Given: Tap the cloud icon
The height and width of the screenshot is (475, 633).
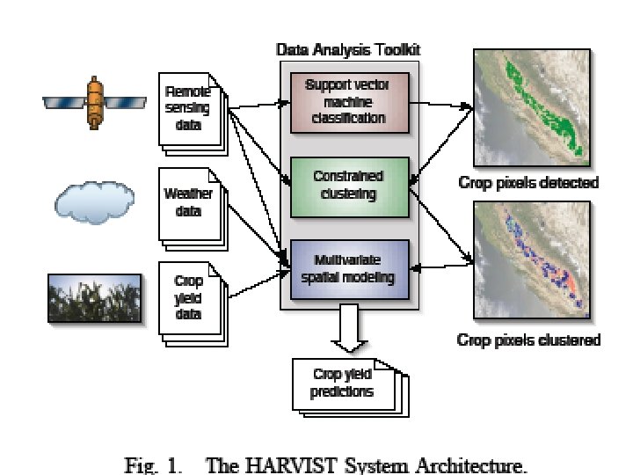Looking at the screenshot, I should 94,201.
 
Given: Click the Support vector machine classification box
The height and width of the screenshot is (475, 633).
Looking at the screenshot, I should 349,102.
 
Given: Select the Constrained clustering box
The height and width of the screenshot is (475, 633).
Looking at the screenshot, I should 349,186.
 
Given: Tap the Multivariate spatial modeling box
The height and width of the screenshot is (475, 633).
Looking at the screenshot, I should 349,269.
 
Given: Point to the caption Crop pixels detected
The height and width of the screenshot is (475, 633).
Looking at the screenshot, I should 529,184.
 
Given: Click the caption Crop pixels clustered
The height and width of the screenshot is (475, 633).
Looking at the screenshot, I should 529,340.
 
